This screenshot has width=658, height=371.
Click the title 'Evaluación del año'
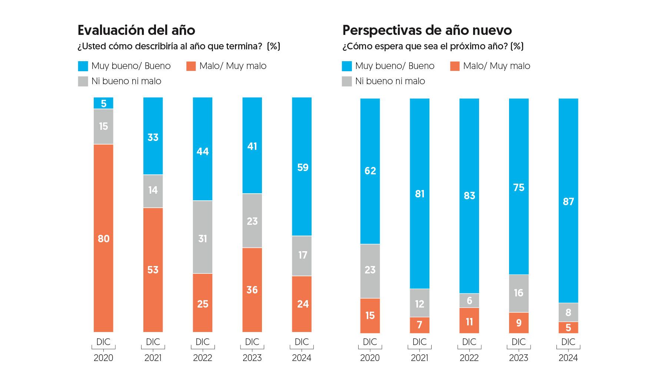point(136,30)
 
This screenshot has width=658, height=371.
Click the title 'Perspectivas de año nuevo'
point(427,30)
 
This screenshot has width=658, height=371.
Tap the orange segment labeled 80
point(103,238)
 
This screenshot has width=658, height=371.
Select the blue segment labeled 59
point(302,167)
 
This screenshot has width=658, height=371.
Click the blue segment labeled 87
point(568,201)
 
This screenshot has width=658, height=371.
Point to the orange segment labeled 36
point(252,290)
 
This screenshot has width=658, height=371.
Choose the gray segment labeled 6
point(469,301)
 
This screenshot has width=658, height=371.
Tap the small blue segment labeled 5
point(103,103)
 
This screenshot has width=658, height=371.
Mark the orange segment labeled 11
point(469,321)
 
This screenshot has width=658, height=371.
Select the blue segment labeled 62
point(370,171)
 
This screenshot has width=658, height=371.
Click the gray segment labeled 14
point(153,191)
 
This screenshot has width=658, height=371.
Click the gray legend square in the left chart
point(83,81)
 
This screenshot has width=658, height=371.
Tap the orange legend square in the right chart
point(455,66)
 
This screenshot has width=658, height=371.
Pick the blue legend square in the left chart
point(83,66)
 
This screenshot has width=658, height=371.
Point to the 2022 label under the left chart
point(203,358)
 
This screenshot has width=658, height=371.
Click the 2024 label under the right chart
point(568,358)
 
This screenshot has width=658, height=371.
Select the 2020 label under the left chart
point(103,358)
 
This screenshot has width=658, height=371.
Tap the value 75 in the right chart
point(519,188)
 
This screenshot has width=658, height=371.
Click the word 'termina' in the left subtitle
point(241,46)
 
